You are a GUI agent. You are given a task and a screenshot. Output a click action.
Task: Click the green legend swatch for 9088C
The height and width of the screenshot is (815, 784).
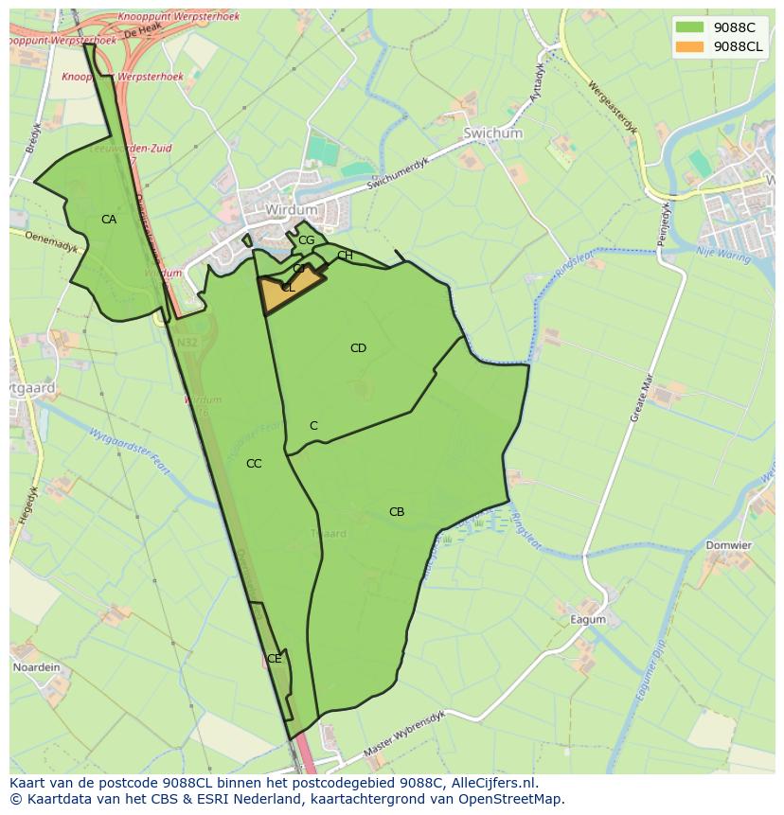click(x=689, y=27)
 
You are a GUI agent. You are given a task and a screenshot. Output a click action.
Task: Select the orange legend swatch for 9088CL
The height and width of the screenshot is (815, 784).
click(x=689, y=46)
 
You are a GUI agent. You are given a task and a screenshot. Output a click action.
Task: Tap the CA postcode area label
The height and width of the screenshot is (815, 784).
click(x=109, y=220)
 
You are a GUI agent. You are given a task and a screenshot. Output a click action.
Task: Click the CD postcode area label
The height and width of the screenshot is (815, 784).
click(x=358, y=348)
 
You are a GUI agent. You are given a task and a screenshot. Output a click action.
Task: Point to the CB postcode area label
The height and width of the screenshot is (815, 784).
click(x=397, y=512)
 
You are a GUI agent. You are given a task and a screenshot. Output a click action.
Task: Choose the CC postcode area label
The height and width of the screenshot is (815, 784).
click(x=254, y=464)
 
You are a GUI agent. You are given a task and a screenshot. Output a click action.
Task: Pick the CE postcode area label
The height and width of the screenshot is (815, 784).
click(x=274, y=659)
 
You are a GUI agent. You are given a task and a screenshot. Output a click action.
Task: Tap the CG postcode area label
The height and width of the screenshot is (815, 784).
click(x=306, y=240)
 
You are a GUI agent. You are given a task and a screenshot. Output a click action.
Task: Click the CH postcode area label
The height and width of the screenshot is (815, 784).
click(x=345, y=256)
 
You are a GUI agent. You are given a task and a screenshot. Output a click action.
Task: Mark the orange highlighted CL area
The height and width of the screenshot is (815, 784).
click(x=290, y=289)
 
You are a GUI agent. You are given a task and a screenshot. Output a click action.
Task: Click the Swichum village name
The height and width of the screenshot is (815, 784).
click(x=492, y=133)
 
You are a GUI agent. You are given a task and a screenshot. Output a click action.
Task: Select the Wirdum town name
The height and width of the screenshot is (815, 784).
click(x=291, y=209)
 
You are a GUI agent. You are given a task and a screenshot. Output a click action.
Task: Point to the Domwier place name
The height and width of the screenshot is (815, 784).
click(x=728, y=545)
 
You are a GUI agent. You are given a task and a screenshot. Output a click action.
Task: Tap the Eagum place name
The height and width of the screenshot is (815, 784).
click(x=587, y=620)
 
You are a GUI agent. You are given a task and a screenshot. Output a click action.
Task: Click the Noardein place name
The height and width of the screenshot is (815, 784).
click(x=36, y=667)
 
